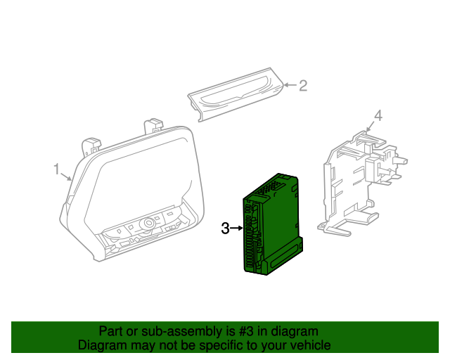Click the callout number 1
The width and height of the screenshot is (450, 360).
(x=56, y=169)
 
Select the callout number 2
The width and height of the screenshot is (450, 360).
(x=303, y=86)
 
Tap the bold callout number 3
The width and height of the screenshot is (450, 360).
(x=225, y=229)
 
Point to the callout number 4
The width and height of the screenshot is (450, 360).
(x=378, y=115)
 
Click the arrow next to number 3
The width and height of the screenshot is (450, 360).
(x=237, y=229)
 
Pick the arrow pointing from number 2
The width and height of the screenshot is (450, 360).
(x=290, y=85)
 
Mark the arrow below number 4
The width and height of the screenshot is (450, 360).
(x=371, y=127)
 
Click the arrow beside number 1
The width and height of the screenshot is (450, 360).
(x=66, y=176)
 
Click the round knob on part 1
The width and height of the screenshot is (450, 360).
(x=148, y=223)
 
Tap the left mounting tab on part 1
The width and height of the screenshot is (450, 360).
(x=91, y=146)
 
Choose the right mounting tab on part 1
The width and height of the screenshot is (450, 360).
(x=153, y=126)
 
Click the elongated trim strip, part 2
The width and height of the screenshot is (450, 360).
(x=236, y=95)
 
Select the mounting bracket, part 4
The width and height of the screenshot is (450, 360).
(x=362, y=183)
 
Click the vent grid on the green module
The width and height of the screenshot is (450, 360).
(x=269, y=187)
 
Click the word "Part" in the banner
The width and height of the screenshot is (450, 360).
(x=110, y=332)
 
